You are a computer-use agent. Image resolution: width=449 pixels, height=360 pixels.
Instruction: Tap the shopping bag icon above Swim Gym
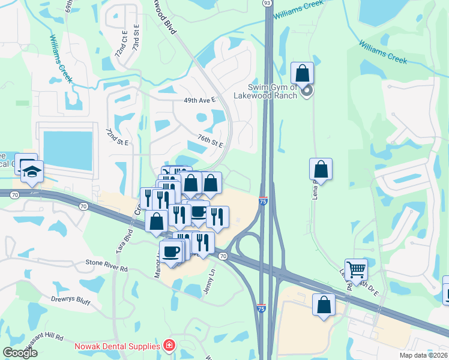point(303,74)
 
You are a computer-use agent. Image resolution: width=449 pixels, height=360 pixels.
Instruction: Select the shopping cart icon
point(356,270)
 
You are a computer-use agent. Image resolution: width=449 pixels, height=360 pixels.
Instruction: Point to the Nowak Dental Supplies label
point(118,346)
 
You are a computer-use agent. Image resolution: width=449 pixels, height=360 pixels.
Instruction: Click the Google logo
point(21,352)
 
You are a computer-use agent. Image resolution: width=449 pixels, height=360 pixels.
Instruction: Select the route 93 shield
point(267,3)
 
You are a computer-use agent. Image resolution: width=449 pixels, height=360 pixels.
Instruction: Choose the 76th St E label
point(210,141)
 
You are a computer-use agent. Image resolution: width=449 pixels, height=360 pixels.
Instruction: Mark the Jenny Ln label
point(211,276)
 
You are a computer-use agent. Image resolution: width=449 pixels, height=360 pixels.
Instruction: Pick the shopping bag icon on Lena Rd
point(321,170)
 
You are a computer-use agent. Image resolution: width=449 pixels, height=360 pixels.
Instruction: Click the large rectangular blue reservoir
point(68,150)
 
